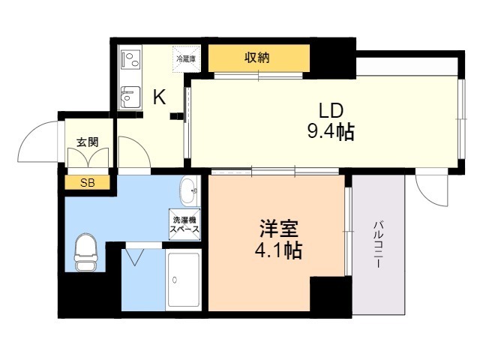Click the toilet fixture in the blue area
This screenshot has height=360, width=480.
pyautogui.click(x=85, y=252)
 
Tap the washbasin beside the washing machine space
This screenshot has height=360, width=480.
pyautogui.click(x=189, y=191)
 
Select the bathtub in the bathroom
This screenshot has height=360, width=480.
pyautogui.click(x=184, y=280)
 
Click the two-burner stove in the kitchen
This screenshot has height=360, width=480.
pyautogui.click(x=131, y=59)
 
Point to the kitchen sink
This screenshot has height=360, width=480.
pyautogui.click(x=130, y=97)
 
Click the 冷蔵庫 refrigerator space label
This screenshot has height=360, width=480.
pyautogui.click(x=186, y=59)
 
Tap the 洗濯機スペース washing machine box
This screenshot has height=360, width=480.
pyautogui.click(x=184, y=225)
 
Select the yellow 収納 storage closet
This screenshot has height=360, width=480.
pyautogui.click(x=259, y=58)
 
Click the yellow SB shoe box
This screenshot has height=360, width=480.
pyautogui.click(x=88, y=183)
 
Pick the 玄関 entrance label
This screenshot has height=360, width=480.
pyautogui.click(x=88, y=142)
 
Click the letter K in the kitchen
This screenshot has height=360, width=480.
pyautogui.click(x=160, y=97)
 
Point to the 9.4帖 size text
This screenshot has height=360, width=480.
pyautogui.click(x=331, y=132)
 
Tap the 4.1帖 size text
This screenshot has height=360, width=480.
pyautogui.click(x=278, y=250)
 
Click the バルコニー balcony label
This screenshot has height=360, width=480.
pyautogui.click(x=378, y=245)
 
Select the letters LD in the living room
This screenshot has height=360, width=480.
pyautogui.click(x=331, y=111)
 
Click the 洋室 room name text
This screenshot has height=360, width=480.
pyautogui.click(x=278, y=229)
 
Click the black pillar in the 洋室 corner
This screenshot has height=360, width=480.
pyautogui.click(x=331, y=294)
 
